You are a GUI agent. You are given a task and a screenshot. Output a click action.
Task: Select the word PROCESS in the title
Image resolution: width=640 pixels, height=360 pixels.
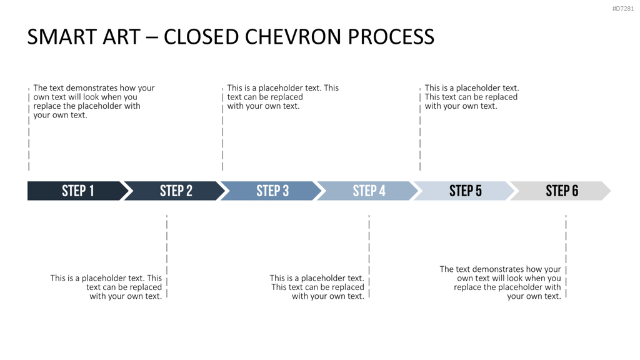[x=391, y=37]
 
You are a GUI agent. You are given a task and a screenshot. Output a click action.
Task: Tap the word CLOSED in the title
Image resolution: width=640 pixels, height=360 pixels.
[x=201, y=37]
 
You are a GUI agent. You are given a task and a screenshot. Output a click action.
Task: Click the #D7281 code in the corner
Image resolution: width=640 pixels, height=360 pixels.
[x=623, y=9]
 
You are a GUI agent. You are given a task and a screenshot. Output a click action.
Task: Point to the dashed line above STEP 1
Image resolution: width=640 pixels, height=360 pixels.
[x=29, y=129]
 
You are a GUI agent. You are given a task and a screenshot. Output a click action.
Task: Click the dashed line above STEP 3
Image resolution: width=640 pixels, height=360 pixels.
[x=222, y=129]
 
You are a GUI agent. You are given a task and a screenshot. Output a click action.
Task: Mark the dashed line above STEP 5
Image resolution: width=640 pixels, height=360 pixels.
[x=420, y=129]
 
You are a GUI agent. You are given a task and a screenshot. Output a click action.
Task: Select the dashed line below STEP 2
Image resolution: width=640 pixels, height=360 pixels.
[x=167, y=256]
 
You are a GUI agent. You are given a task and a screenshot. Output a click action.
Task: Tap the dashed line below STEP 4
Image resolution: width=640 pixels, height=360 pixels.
[x=369, y=256]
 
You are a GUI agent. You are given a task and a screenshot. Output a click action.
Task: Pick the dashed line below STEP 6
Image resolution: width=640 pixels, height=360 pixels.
[x=566, y=256]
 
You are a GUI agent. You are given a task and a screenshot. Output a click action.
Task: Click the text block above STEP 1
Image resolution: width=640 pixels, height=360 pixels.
[x=94, y=101]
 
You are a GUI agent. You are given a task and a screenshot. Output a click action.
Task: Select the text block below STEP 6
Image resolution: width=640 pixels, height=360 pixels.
[x=501, y=282]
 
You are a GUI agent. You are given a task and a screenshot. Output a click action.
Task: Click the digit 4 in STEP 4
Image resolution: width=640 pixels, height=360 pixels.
[x=381, y=191]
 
